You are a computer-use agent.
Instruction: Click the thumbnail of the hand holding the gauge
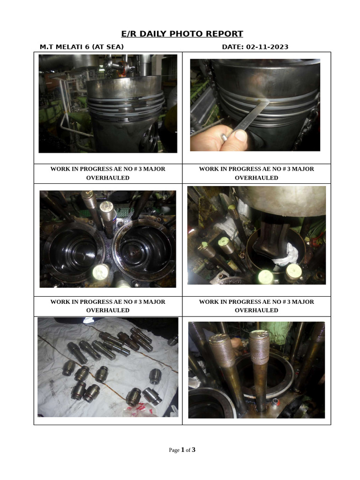(x=255, y=105)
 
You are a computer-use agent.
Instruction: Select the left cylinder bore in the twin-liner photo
(x=73, y=251)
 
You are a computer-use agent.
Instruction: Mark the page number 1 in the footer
(x=182, y=450)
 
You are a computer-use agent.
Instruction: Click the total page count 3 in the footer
(x=194, y=450)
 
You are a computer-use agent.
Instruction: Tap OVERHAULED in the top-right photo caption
(x=256, y=178)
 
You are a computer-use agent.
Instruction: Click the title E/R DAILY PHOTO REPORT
(x=182, y=34)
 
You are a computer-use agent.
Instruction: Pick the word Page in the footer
(x=174, y=450)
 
